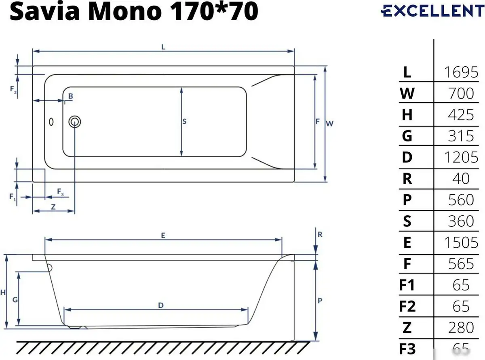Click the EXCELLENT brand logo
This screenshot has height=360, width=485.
point(432,11)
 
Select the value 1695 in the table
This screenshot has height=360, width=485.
point(461,72)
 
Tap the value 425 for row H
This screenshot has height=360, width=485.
point(461,115)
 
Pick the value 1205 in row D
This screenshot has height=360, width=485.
point(461,157)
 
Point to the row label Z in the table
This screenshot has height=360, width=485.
point(407,327)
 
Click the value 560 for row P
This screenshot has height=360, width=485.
point(461,200)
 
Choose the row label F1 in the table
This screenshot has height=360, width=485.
point(407,285)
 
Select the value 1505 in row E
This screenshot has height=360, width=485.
point(461,242)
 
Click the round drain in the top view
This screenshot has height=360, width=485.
point(75,121)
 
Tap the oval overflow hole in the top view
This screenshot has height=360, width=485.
point(51,121)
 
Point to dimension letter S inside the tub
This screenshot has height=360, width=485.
point(184,121)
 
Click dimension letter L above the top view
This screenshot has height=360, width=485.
point(163,46)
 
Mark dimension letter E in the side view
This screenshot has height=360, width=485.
point(163,235)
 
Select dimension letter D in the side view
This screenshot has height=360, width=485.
point(160,305)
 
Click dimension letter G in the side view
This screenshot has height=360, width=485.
point(15,300)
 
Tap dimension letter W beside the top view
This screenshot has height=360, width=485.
point(330,124)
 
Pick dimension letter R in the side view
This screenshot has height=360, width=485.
point(320,234)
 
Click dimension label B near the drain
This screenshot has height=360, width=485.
point(70,96)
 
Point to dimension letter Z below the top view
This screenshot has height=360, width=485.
point(53,206)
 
